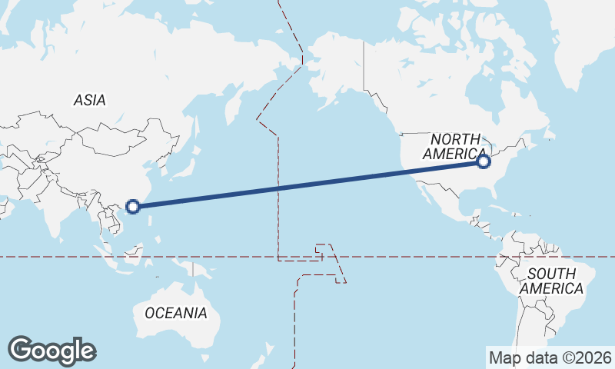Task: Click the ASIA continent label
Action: coord(90,100)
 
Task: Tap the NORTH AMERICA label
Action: coord(455,146)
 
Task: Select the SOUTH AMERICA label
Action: coord(551,281)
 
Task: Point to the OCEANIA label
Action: coord(176,313)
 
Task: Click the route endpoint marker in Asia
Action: coord(133,206)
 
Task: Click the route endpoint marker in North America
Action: coord(484,161)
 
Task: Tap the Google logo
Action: coord(52,351)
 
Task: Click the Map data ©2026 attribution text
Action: coord(550,357)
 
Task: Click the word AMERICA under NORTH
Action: coord(455,154)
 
